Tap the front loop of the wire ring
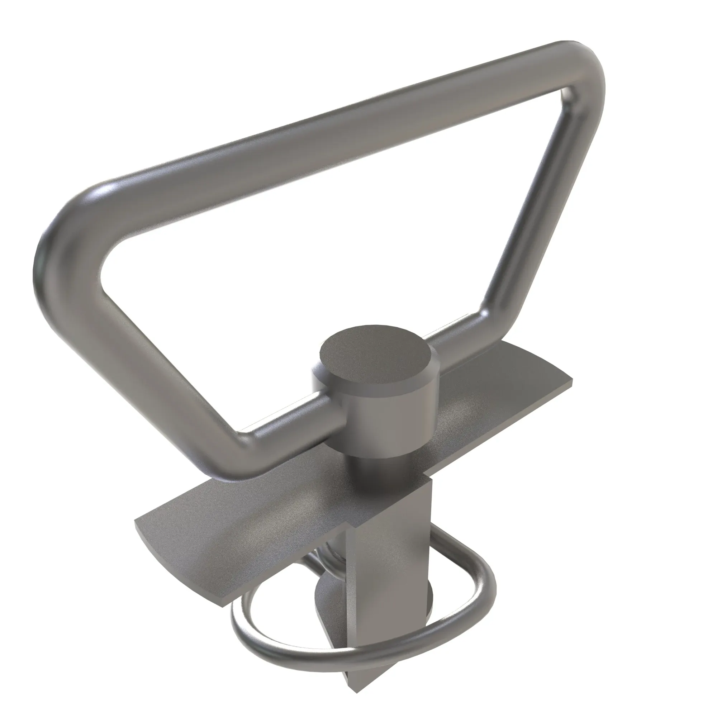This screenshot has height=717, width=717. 334,646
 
